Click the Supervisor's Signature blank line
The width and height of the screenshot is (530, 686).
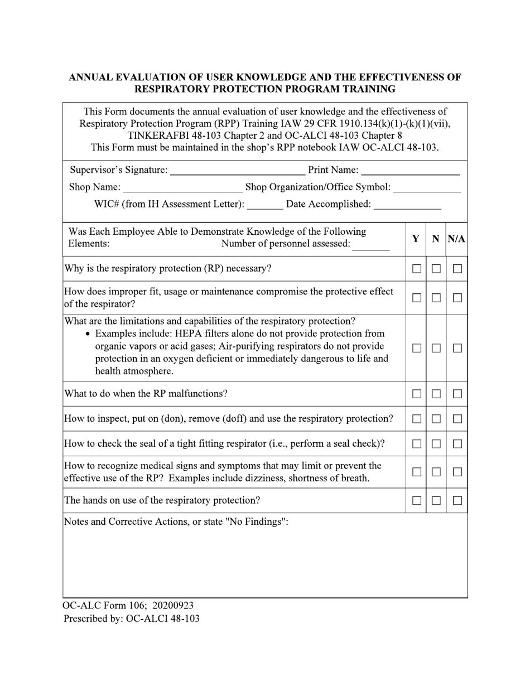click(x=237, y=170)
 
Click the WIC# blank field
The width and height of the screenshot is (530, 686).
click(x=264, y=205)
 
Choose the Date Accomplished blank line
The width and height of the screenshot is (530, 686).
click(x=407, y=205)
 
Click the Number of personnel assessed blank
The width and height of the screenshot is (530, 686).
click(x=371, y=244)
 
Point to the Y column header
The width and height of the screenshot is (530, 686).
click(x=416, y=239)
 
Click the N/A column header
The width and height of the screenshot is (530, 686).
click(x=456, y=239)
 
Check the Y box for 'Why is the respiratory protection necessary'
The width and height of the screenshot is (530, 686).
click(x=416, y=269)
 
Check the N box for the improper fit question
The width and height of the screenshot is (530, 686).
click(x=436, y=298)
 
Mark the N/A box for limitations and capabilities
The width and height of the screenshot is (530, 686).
click(x=457, y=348)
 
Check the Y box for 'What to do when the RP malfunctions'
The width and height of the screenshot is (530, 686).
click(x=416, y=394)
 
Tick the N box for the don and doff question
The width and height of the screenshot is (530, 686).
click(x=436, y=419)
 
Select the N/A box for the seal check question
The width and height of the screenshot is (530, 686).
click(x=457, y=444)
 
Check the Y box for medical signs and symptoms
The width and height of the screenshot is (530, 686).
click(x=416, y=472)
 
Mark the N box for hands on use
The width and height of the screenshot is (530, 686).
click(x=436, y=501)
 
